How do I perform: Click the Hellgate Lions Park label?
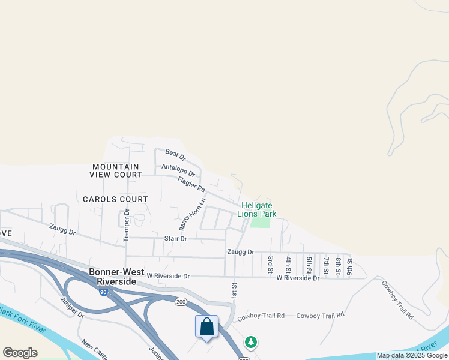click(x=256, y=209)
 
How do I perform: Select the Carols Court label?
click(x=115, y=199)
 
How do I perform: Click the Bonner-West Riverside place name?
click(x=113, y=276)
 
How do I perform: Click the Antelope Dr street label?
click(x=178, y=170)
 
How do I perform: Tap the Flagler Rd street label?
click(x=191, y=184)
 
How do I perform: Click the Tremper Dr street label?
click(x=127, y=226)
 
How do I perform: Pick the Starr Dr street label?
click(x=176, y=239)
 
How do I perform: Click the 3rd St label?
click(x=271, y=264)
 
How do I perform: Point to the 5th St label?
click(x=309, y=264)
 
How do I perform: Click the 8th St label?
click(x=338, y=264)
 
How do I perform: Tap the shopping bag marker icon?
click(x=206, y=327)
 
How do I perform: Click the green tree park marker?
click(x=251, y=342)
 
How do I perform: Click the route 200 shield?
click(x=181, y=302)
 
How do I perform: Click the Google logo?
click(x=20, y=353)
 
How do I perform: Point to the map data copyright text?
click(x=412, y=356)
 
